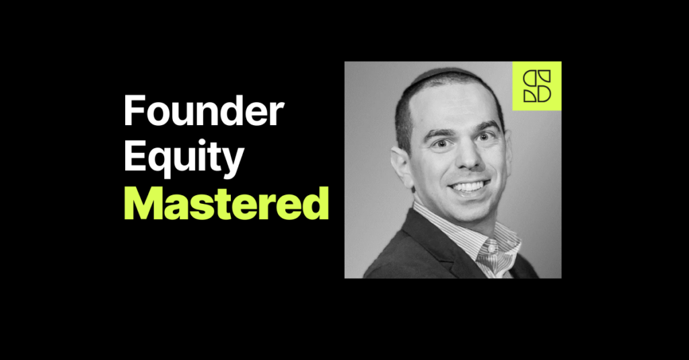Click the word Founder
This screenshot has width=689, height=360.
[204, 112]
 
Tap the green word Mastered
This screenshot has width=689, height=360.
[225, 204]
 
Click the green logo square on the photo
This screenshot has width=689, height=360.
[536, 85]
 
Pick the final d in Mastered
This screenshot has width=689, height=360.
[316, 204]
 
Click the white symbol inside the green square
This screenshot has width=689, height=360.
[536, 85]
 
